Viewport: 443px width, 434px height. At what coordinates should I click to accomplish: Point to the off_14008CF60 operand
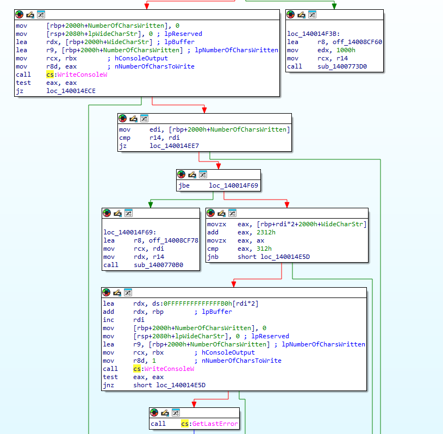point(350,42)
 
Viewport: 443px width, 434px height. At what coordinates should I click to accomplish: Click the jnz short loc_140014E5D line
point(154,385)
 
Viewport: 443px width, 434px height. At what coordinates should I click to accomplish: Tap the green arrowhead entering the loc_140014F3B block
point(334,6)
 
